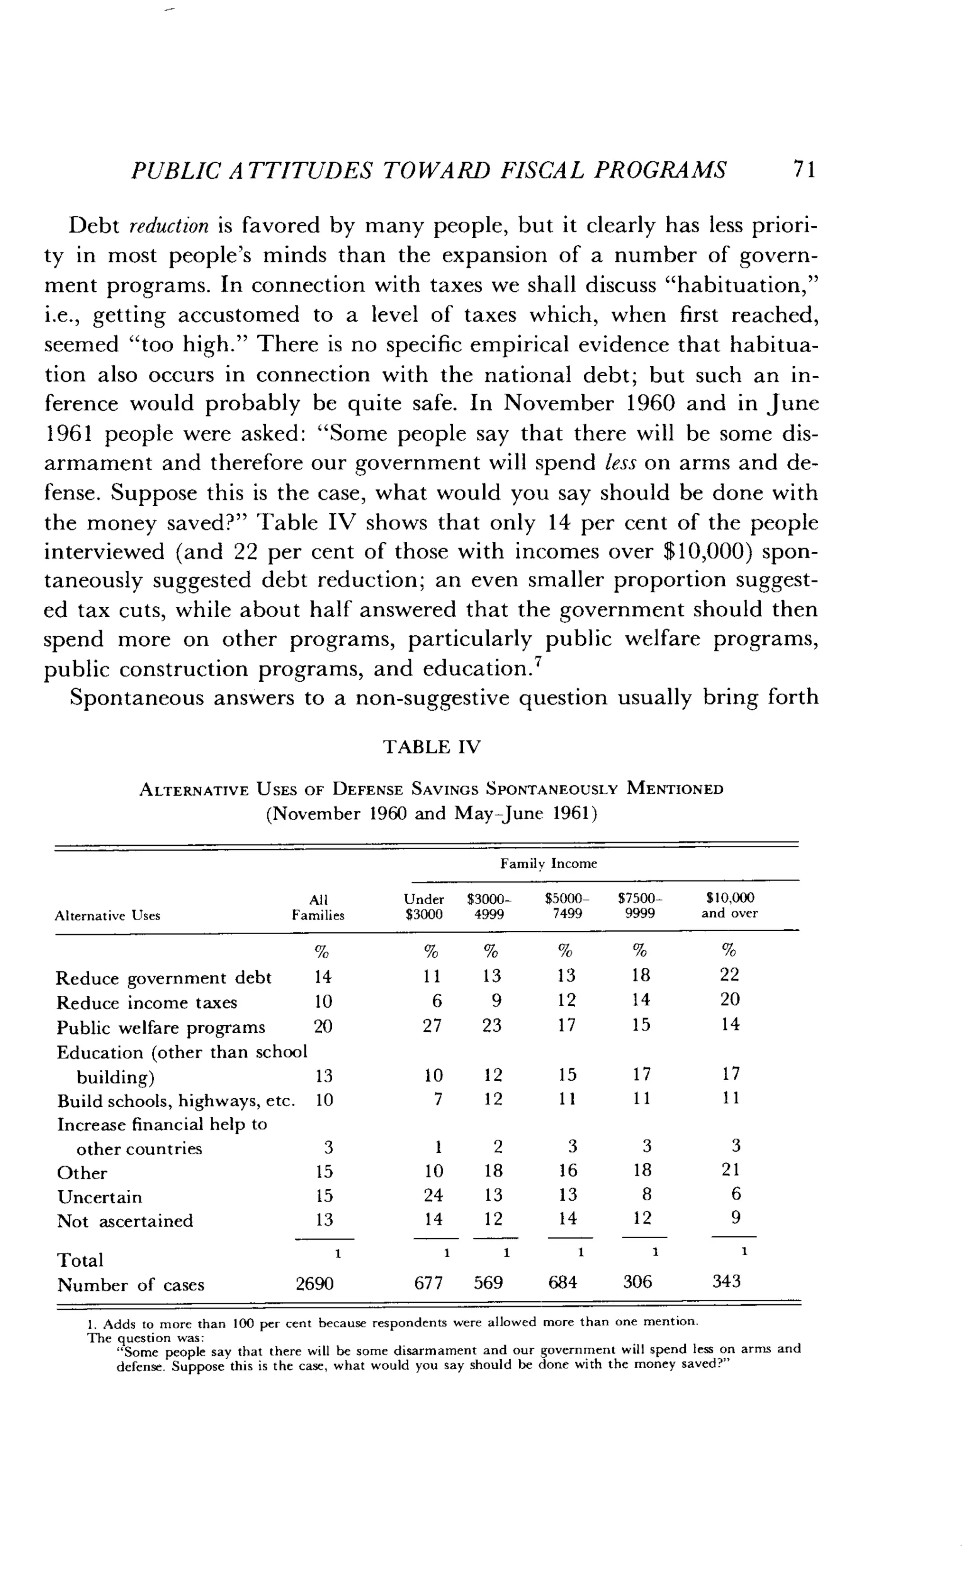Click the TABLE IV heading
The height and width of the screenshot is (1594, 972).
tap(431, 747)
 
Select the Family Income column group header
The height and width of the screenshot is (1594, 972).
tap(548, 863)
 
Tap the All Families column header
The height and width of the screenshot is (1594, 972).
tap(318, 907)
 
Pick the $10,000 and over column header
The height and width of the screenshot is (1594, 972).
tap(729, 906)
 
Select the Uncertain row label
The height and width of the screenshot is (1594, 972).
tap(99, 1197)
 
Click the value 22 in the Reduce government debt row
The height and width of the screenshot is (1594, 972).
tap(729, 975)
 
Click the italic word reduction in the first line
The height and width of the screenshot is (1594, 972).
tap(169, 226)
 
